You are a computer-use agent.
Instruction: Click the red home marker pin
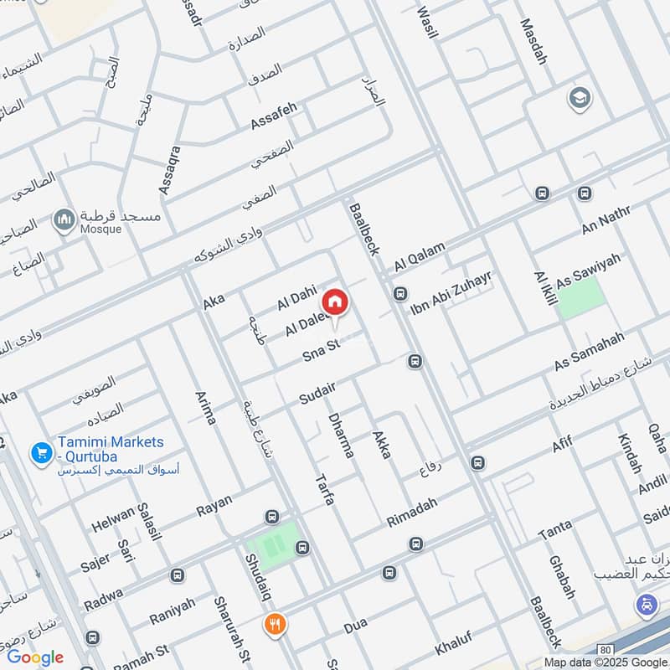click(335, 301)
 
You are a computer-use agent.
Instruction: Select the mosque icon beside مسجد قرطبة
click(64, 220)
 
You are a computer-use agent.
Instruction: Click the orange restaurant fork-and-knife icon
click(274, 623)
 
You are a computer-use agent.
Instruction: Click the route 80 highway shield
click(605, 649)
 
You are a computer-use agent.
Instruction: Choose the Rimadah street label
click(411, 511)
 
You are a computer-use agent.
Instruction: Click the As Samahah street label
click(589, 353)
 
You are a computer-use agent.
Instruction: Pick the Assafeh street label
click(274, 116)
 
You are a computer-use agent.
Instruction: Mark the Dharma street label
click(341, 435)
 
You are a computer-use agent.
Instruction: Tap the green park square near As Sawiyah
click(580, 297)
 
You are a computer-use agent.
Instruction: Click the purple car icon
click(645, 603)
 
